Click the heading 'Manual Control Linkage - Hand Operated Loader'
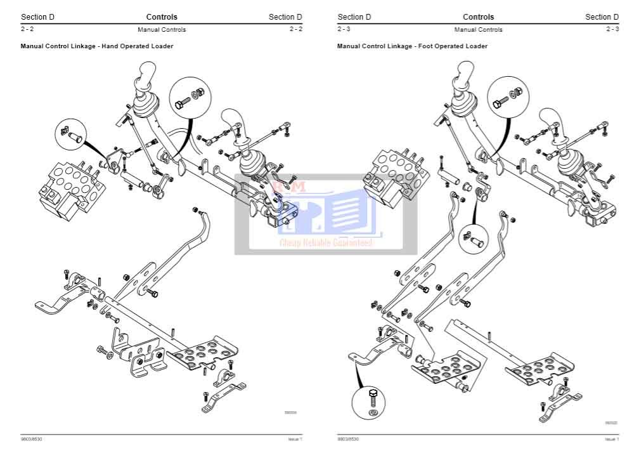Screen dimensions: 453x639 96,46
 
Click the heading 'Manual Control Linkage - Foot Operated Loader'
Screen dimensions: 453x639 412,46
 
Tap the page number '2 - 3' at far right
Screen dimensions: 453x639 612,29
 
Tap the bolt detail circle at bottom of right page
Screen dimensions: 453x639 373,404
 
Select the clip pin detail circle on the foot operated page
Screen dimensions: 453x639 475,237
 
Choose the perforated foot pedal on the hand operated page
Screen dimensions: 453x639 204,353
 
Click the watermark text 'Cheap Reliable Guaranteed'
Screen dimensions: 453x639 326,242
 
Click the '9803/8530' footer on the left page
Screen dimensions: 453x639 31,439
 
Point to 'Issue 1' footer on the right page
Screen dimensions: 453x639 611,439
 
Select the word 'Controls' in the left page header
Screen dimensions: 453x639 162,17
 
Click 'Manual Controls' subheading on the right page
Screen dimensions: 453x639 478,29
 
